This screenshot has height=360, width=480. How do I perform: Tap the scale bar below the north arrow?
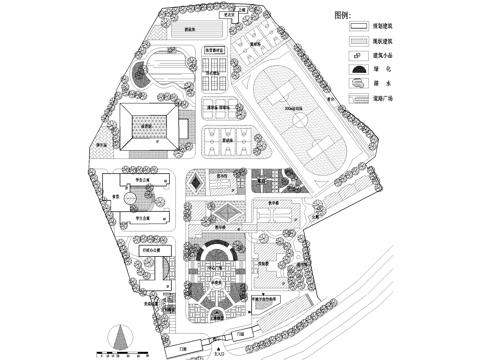(x=119, y=351)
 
